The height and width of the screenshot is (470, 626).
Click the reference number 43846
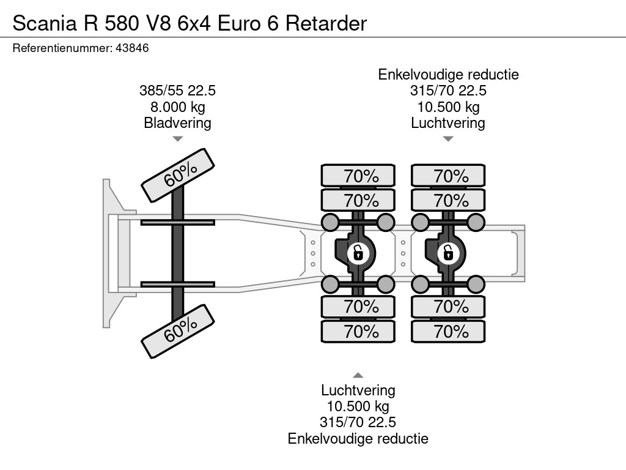(132, 48)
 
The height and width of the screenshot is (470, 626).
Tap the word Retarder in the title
(326, 23)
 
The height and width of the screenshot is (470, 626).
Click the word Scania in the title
(45, 23)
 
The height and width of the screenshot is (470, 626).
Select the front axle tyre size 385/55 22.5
(178, 91)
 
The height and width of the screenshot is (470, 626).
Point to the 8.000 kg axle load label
(178, 107)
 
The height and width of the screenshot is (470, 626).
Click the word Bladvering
(178, 123)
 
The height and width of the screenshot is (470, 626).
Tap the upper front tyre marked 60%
(178, 176)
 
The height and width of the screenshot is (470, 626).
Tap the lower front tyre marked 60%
(178, 331)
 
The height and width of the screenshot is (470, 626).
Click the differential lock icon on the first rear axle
(358, 253)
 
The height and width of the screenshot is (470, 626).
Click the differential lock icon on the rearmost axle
(448, 253)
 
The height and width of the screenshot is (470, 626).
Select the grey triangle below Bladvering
(178, 139)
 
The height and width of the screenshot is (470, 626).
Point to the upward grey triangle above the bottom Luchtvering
(358, 375)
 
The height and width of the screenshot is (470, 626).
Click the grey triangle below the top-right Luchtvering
(448, 139)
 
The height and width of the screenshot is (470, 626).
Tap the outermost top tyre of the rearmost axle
(448, 176)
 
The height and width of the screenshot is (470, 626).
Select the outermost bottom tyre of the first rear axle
(358, 331)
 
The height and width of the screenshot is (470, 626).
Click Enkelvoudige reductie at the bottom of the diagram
(358, 439)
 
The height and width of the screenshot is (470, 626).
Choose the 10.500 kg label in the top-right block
(448, 107)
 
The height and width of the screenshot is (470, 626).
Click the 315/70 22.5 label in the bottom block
(358, 422)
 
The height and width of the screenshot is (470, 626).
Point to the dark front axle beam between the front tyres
(178, 253)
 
